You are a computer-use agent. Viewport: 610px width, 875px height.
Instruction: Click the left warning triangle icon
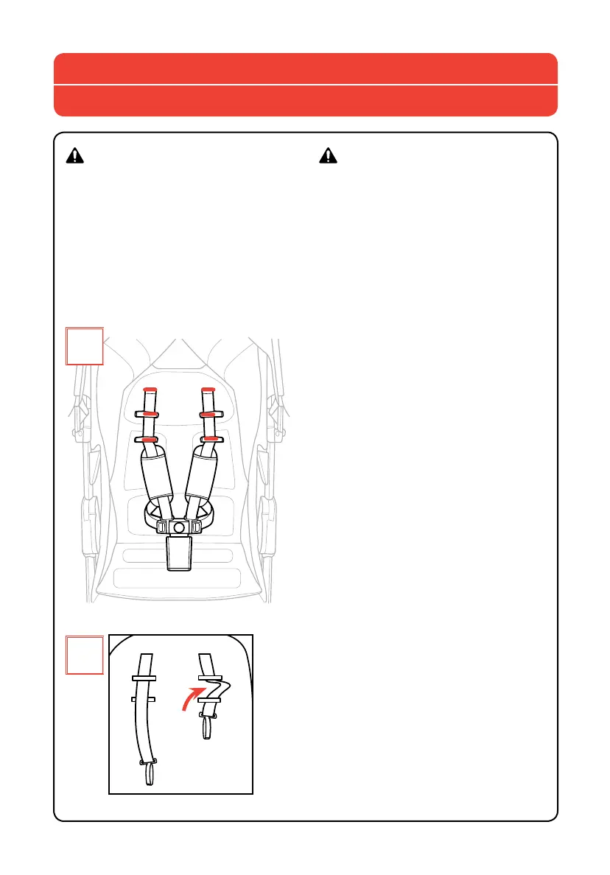[75, 155]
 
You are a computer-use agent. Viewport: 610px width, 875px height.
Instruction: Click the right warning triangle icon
[328, 155]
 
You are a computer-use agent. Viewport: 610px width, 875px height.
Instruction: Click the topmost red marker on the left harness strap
[150, 389]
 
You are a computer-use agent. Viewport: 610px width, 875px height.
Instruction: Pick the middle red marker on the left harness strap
[150, 415]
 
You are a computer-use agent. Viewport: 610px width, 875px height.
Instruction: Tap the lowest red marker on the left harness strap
[150, 440]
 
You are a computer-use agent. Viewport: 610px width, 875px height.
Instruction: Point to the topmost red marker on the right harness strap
[208, 389]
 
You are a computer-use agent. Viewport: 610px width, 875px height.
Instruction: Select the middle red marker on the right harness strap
[208, 415]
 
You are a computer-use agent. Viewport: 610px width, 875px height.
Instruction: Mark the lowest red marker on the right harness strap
[209, 440]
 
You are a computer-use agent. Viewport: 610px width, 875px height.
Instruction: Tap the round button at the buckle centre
[178, 527]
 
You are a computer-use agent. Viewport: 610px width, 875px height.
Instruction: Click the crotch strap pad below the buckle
[179, 552]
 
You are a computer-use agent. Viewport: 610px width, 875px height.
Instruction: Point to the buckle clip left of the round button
[162, 527]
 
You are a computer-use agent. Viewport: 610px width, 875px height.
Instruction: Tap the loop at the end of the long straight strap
[149, 775]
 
